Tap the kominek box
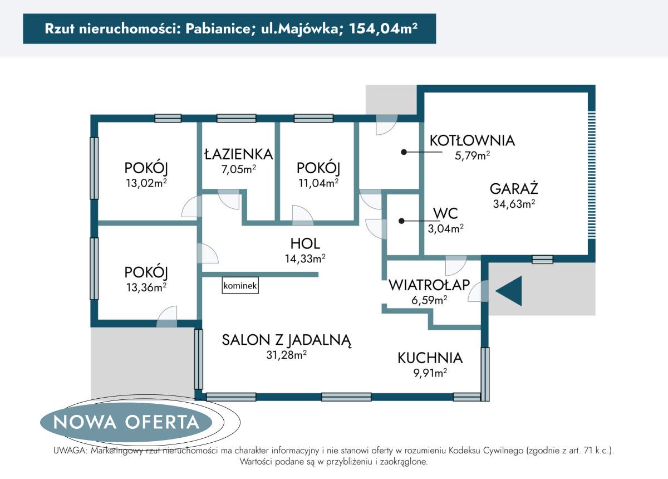pos(240,286)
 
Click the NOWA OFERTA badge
pos(127,422)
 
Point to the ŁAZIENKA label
pos(238,154)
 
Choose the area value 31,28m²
pos(287,355)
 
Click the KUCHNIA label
pos(430,358)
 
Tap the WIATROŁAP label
pos(428,285)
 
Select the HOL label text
pos(304,243)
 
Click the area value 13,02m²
pos(146,184)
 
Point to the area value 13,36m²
pos(146,287)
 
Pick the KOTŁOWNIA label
pos(472,140)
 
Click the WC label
pos(445,213)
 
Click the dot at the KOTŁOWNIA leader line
pos(405,151)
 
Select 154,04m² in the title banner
pos(383,29)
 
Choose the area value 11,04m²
pos(318,183)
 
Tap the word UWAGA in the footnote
pos(69,451)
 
